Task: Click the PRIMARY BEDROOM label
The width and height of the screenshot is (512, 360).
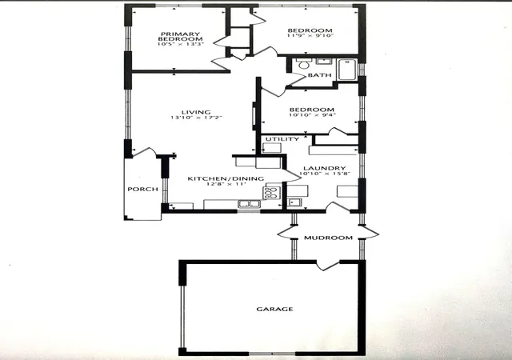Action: click(180, 36)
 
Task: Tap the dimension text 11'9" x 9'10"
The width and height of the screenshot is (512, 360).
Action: click(310, 35)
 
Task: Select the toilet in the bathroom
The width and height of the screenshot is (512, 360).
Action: click(303, 64)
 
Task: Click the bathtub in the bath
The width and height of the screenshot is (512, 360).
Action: click(347, 70)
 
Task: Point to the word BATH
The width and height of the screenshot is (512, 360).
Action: click(320, 75)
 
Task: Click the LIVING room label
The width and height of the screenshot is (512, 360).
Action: click(196, 112)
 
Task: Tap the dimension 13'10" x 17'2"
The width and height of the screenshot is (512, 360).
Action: click(196, 118)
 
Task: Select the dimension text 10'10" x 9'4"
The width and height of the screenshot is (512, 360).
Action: click(312, 115)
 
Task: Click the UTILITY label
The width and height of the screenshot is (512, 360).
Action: click(282, 139)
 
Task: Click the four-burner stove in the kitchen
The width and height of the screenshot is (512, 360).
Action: click(272, 193)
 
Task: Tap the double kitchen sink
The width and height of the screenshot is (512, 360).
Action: click(249, 204)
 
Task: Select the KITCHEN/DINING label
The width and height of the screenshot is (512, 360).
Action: click(226, 178)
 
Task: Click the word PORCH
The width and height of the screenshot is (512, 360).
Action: click(142, 189)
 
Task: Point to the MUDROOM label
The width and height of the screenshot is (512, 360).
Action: click(328, 238)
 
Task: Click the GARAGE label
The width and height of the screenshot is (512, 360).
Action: click(274, 309)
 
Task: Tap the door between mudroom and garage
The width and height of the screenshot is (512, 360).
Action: click(328, 266)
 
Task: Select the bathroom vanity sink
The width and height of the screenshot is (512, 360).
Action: click(323, 61)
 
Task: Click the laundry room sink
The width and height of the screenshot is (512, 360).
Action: click(294, 202)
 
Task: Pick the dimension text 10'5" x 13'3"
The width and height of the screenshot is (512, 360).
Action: click(181, 44)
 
